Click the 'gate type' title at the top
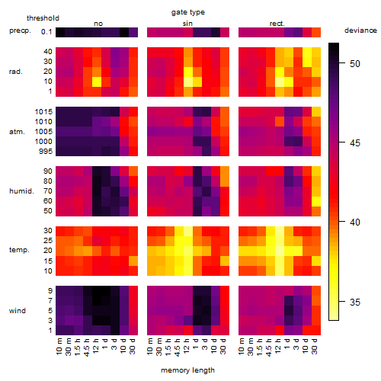click(x=188, y=12)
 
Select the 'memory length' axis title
click(x=187, y=370)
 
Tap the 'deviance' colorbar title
click(x=360, y=30)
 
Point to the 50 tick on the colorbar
click(x=342, y=62)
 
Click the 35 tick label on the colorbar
click(x=355, y=303)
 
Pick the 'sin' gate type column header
click(x=187, y=24)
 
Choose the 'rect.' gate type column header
click(x=277, y=24)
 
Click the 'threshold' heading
click(x=43, y=18)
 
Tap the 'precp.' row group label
click(x=20, y=30)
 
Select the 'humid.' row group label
click(x=21, y=191)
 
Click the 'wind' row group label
click(x=18, y=311)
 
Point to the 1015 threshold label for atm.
click(x=43, y=112)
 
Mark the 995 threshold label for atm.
click(x=46, y=152)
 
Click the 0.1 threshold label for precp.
click(x=46, y=32)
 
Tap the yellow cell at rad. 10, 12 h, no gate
click(x=97, y=82)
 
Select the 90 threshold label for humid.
click(x=47, y=171)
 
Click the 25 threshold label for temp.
click(x=47, y=241)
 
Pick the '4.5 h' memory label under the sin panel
click(x=178, y=347)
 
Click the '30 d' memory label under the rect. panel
click(x=314, y=346)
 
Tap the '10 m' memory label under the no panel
click(x=59, y=347)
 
